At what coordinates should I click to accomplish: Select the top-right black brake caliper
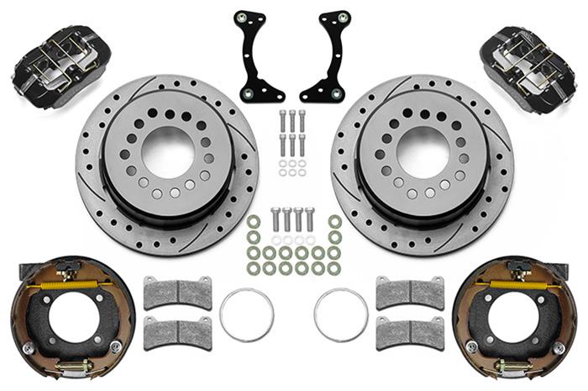pyautogui.click(x=530, y=61)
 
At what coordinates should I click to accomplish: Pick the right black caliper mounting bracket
pyautogui.click(x=329, y=57)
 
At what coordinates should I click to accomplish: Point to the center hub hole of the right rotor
pyautogui.click(x=422, y=151)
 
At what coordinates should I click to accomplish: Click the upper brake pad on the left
pyautogui.click(x=177, y=292)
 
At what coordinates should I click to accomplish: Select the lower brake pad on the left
pyautogui.click(x=177, y=333)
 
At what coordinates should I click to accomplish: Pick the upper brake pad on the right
pyautogui.click(x=409, y=292)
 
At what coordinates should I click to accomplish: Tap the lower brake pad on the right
pyautogui.click(x=409, y=333)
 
